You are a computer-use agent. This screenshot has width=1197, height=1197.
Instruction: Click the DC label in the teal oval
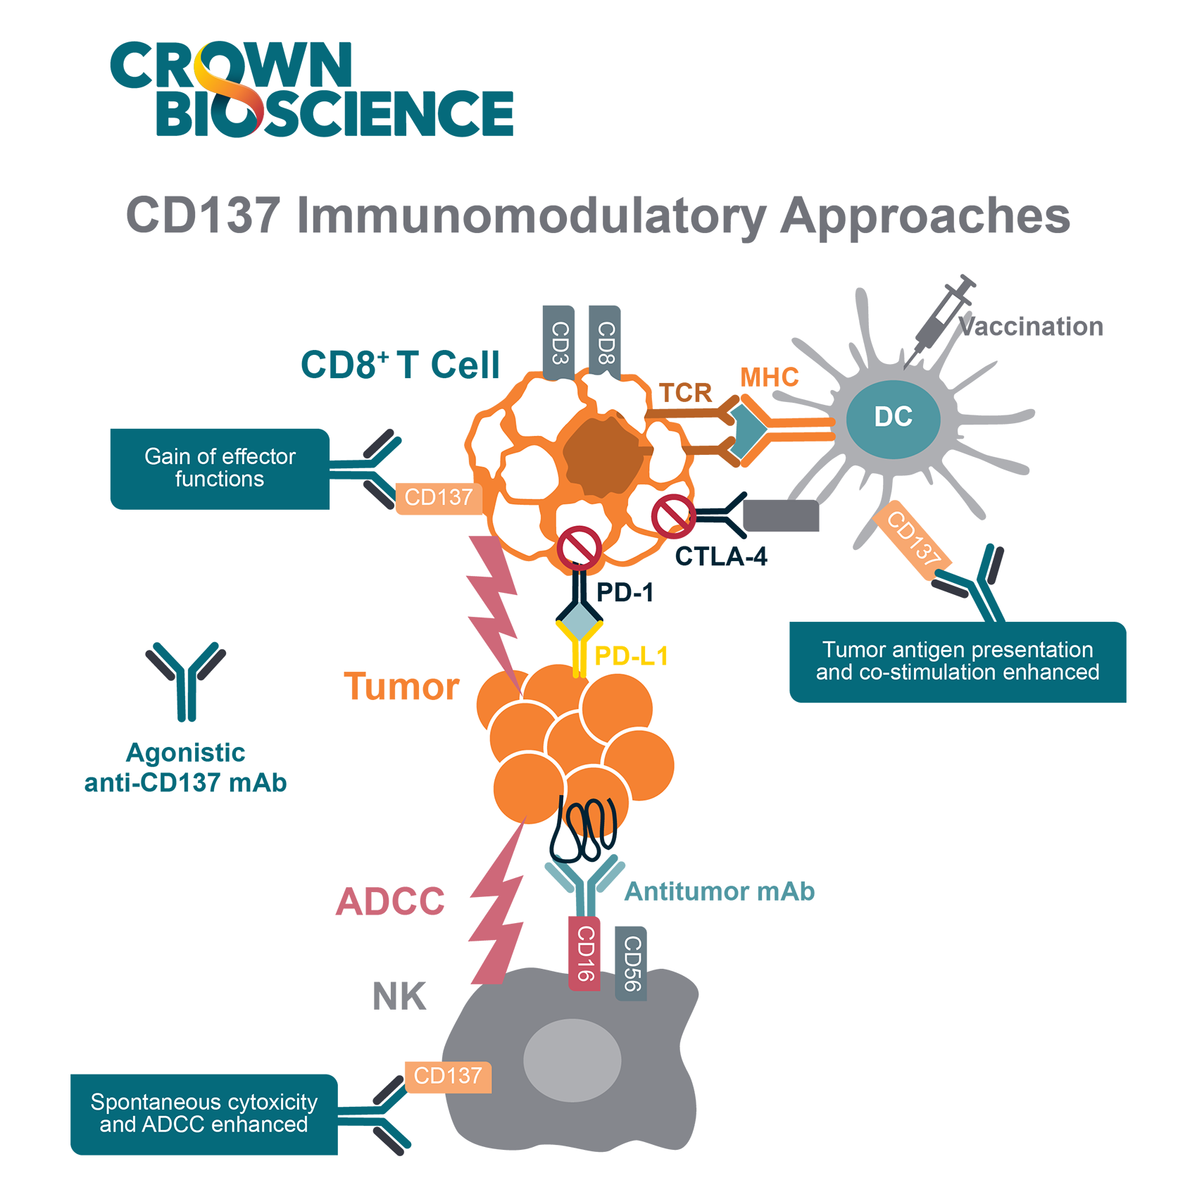pyautogui.click(x=893, y=417)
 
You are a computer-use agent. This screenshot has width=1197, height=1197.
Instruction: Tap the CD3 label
pyautogui.click(x=560, y=343)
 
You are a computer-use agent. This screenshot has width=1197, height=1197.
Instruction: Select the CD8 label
pyautogui.click(x=606, y=343)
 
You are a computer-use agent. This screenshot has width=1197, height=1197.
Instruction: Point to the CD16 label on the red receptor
pyautogui.click(x=586, y=953)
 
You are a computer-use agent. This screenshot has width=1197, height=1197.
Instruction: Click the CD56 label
pyautogui.click(x=632, y=963)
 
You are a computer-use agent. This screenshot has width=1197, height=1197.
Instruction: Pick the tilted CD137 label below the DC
pyautogui.click(x=914, y=539)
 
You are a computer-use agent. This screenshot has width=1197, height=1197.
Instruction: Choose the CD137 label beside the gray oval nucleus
pyautogui.click(x=448, y=1076)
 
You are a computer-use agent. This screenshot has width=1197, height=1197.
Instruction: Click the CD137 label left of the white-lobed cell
pyautogui.click(x=438, y=497)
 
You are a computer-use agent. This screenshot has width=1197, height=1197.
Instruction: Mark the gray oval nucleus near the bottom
pyautogui.click(x=572, y=1060)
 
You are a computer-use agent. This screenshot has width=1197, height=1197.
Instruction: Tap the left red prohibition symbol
pyautogui.click(x=579, y=547)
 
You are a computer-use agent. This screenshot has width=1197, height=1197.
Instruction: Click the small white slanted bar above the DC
pyautogui.click(x=948, y=309)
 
